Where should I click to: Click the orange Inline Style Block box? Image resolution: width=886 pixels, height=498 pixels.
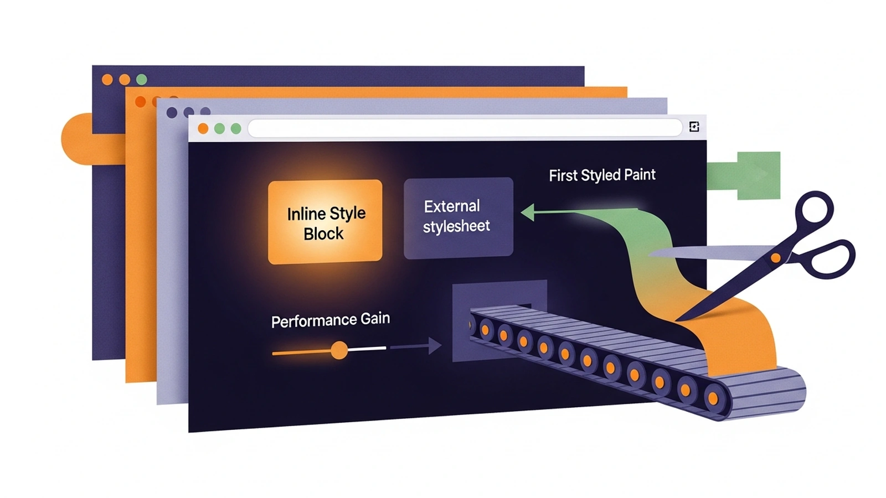(x=325, y=222)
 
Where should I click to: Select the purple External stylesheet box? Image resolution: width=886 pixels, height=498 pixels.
(x=459, y=218)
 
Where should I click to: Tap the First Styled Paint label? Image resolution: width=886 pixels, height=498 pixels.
(x=602, y=175)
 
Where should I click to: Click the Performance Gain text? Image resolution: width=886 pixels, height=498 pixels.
(x=330, y=320)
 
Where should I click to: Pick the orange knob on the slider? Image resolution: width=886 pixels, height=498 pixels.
(x=339, y=350)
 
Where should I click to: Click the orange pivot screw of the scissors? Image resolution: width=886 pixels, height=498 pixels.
(x=776, y=258)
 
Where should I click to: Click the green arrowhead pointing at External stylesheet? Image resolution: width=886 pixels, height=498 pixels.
(x=528, y=212)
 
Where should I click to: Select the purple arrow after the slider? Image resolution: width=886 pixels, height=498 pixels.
(x=416, y=346)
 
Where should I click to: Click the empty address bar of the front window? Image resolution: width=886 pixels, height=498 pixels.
(x=465, y=128)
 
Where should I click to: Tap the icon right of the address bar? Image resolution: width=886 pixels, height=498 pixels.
(x=694, y=127)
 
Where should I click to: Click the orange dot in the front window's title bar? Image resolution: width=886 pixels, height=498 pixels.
(x=203, y=128)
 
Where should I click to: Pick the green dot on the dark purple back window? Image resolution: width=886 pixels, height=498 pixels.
(x=142, y=80)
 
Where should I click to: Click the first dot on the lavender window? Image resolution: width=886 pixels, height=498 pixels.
(x=172, y=113)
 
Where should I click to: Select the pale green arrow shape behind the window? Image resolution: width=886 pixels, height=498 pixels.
(x=744, y=175)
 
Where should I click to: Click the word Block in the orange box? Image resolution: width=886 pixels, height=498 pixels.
(x=323, y=234)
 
